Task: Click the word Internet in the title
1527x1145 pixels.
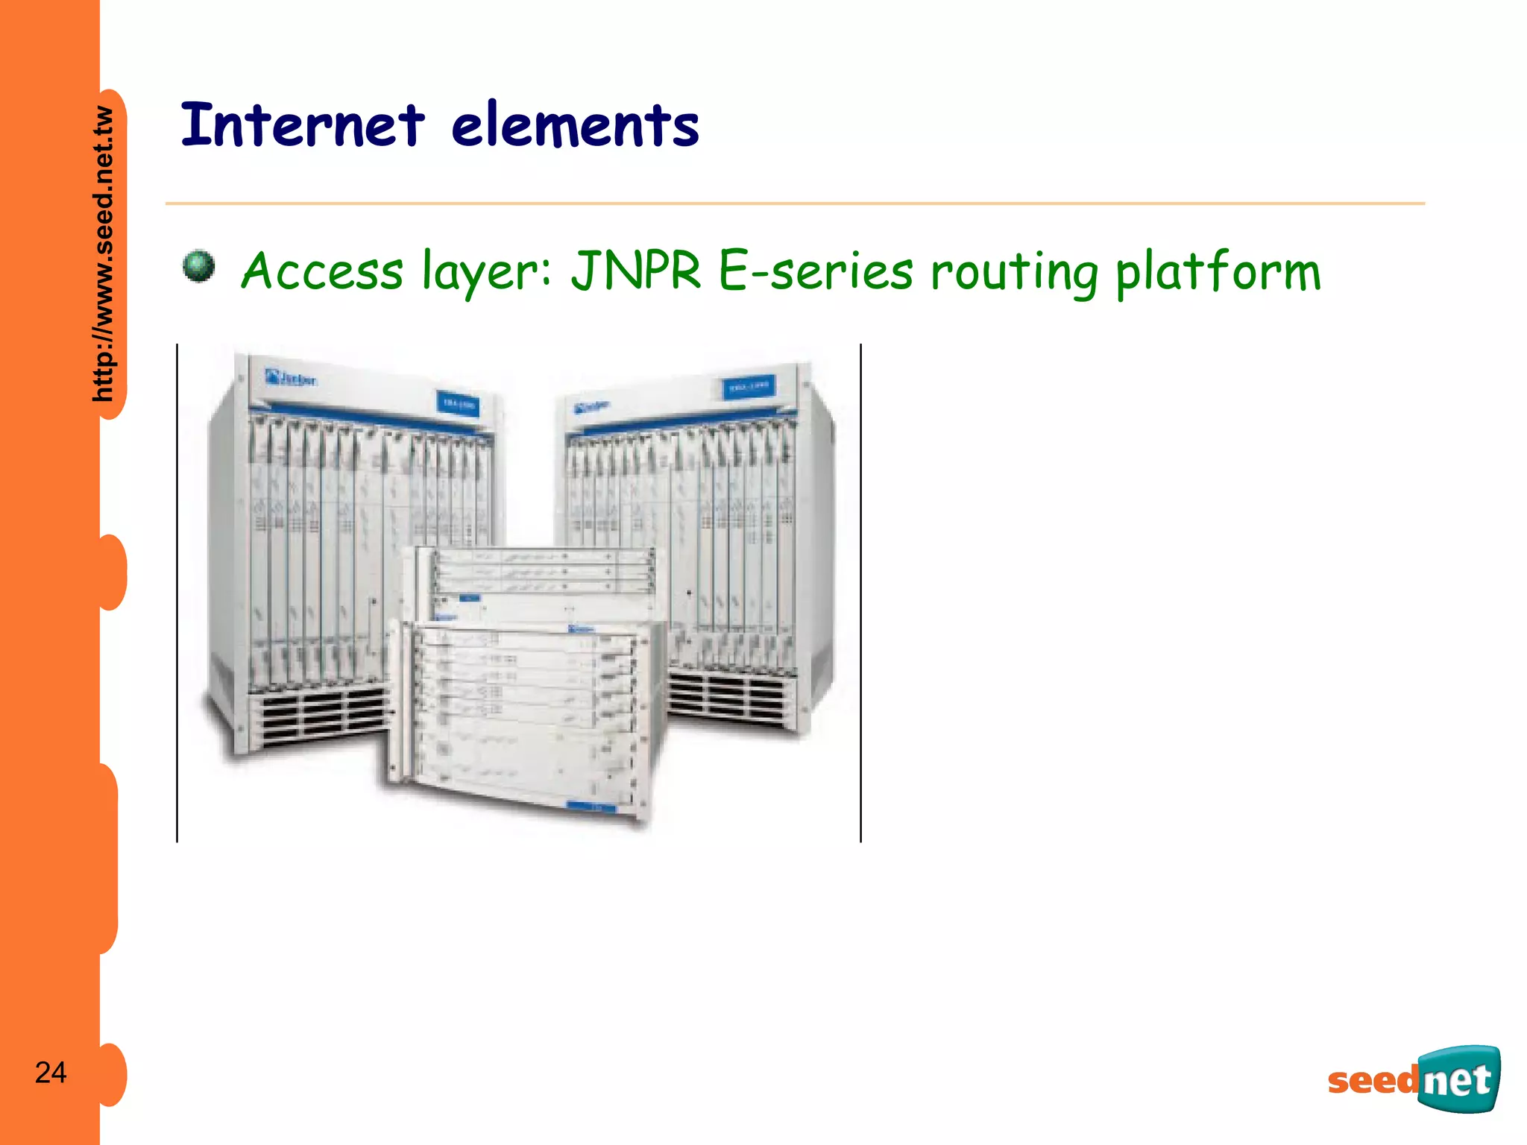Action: [x=303, y=124]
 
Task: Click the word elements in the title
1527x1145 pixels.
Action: [x=575, y=126]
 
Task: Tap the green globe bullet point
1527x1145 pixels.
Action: [x=198, y=266]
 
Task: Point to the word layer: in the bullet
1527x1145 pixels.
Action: [x=486, y=271]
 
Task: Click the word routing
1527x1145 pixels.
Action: [x=1014, y=273]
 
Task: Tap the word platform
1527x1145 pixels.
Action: [x=1218, y=271]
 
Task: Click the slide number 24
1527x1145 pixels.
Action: [x=51, y=1073]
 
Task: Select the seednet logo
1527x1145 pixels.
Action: [x=1414, y=1079]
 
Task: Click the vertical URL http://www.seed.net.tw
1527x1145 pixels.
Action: [x=104, y=253]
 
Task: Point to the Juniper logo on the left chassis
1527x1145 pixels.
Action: [x=290, y=378]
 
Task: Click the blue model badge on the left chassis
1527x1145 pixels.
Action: [x=458, y=403]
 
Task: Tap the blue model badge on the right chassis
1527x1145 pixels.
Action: [x=748, y=388]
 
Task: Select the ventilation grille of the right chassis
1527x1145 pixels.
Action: [x=727, y=697]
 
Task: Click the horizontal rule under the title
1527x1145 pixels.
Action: [x=795, y=203]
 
